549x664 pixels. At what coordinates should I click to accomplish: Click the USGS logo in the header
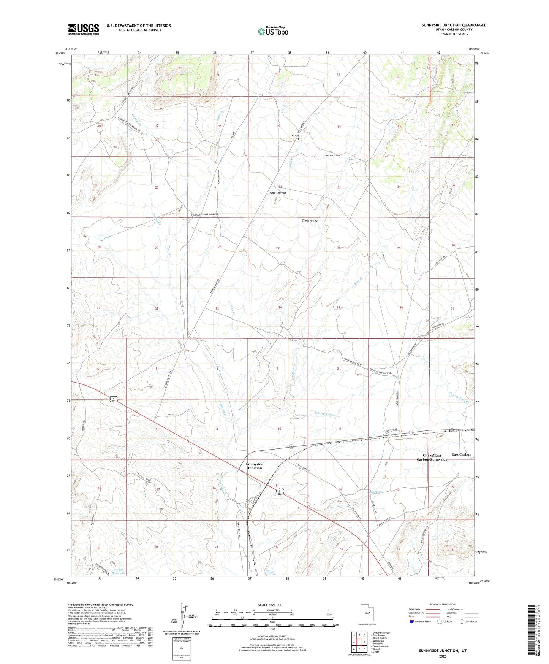coord(83,29)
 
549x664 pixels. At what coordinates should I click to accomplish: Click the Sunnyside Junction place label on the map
coord(254,466)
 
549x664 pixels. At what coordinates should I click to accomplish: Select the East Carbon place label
coord(461,454)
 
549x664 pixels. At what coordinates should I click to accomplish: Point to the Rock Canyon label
coord(277,193)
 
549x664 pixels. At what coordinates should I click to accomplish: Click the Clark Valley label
coord(309,221)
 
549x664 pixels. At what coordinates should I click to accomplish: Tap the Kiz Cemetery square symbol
coord(297,139)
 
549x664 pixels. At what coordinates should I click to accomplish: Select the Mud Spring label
coord(377,492)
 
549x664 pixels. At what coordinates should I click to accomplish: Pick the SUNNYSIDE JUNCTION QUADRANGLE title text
coord(453,25)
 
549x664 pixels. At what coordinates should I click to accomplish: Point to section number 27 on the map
coord(278,248)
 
